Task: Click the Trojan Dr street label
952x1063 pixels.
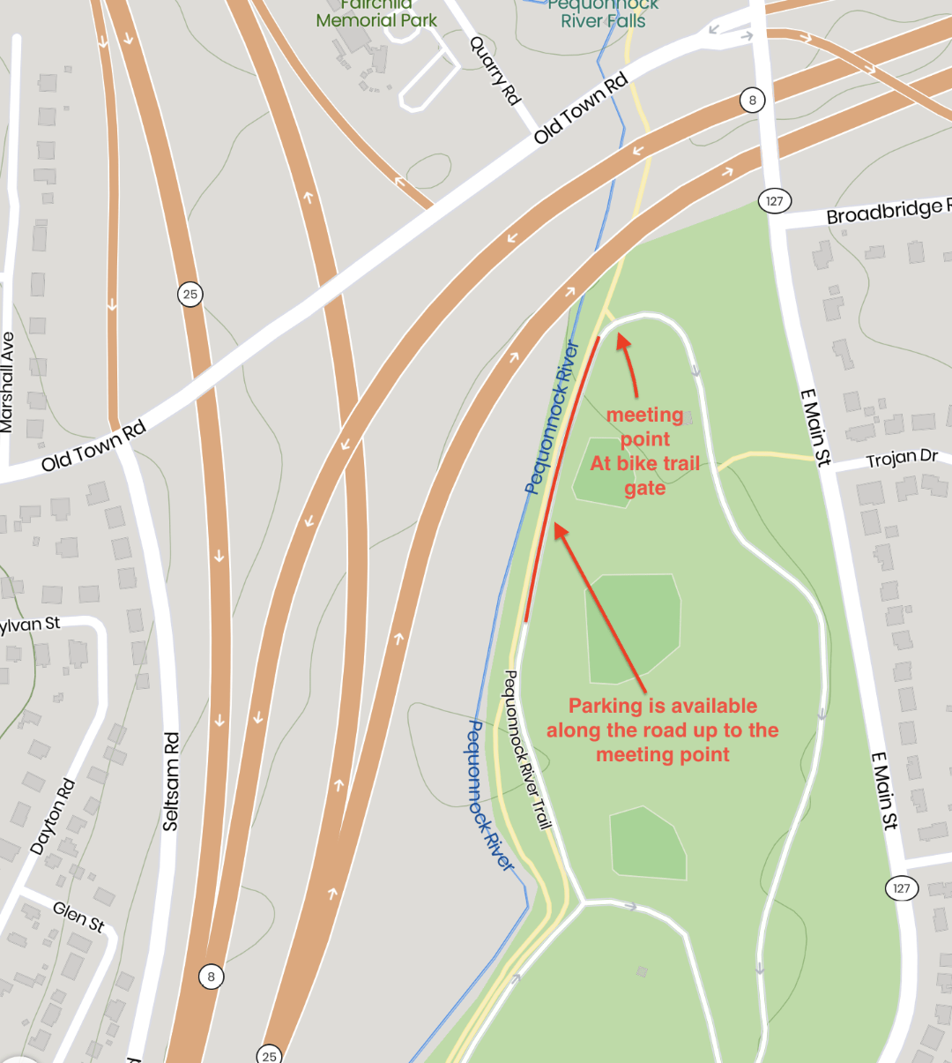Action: (x=902, y=459)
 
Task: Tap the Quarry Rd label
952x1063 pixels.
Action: (x=495, y=71)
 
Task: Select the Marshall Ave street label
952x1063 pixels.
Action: (x=7, y=382)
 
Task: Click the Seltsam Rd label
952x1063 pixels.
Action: (x=171, y=781)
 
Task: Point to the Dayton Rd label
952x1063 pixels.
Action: (x=53, y=817)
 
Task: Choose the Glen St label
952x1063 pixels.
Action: (x=78, y=917)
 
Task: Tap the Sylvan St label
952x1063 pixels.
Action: (x=29, y=625)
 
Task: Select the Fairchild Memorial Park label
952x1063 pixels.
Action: (x=376, y=14)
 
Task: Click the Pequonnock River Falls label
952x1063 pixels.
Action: (x=603, y=14)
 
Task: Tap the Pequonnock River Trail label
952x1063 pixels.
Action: (x=527, y=750)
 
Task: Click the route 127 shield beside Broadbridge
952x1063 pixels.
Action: (x=774, y=201)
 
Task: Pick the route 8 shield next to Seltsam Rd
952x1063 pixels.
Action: (x=211, y=977)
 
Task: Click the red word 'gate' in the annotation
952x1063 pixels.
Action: (x=644, y=489)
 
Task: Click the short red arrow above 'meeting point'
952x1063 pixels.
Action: (x=628, y=363)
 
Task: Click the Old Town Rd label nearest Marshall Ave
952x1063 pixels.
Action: (x=93, y=446)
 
